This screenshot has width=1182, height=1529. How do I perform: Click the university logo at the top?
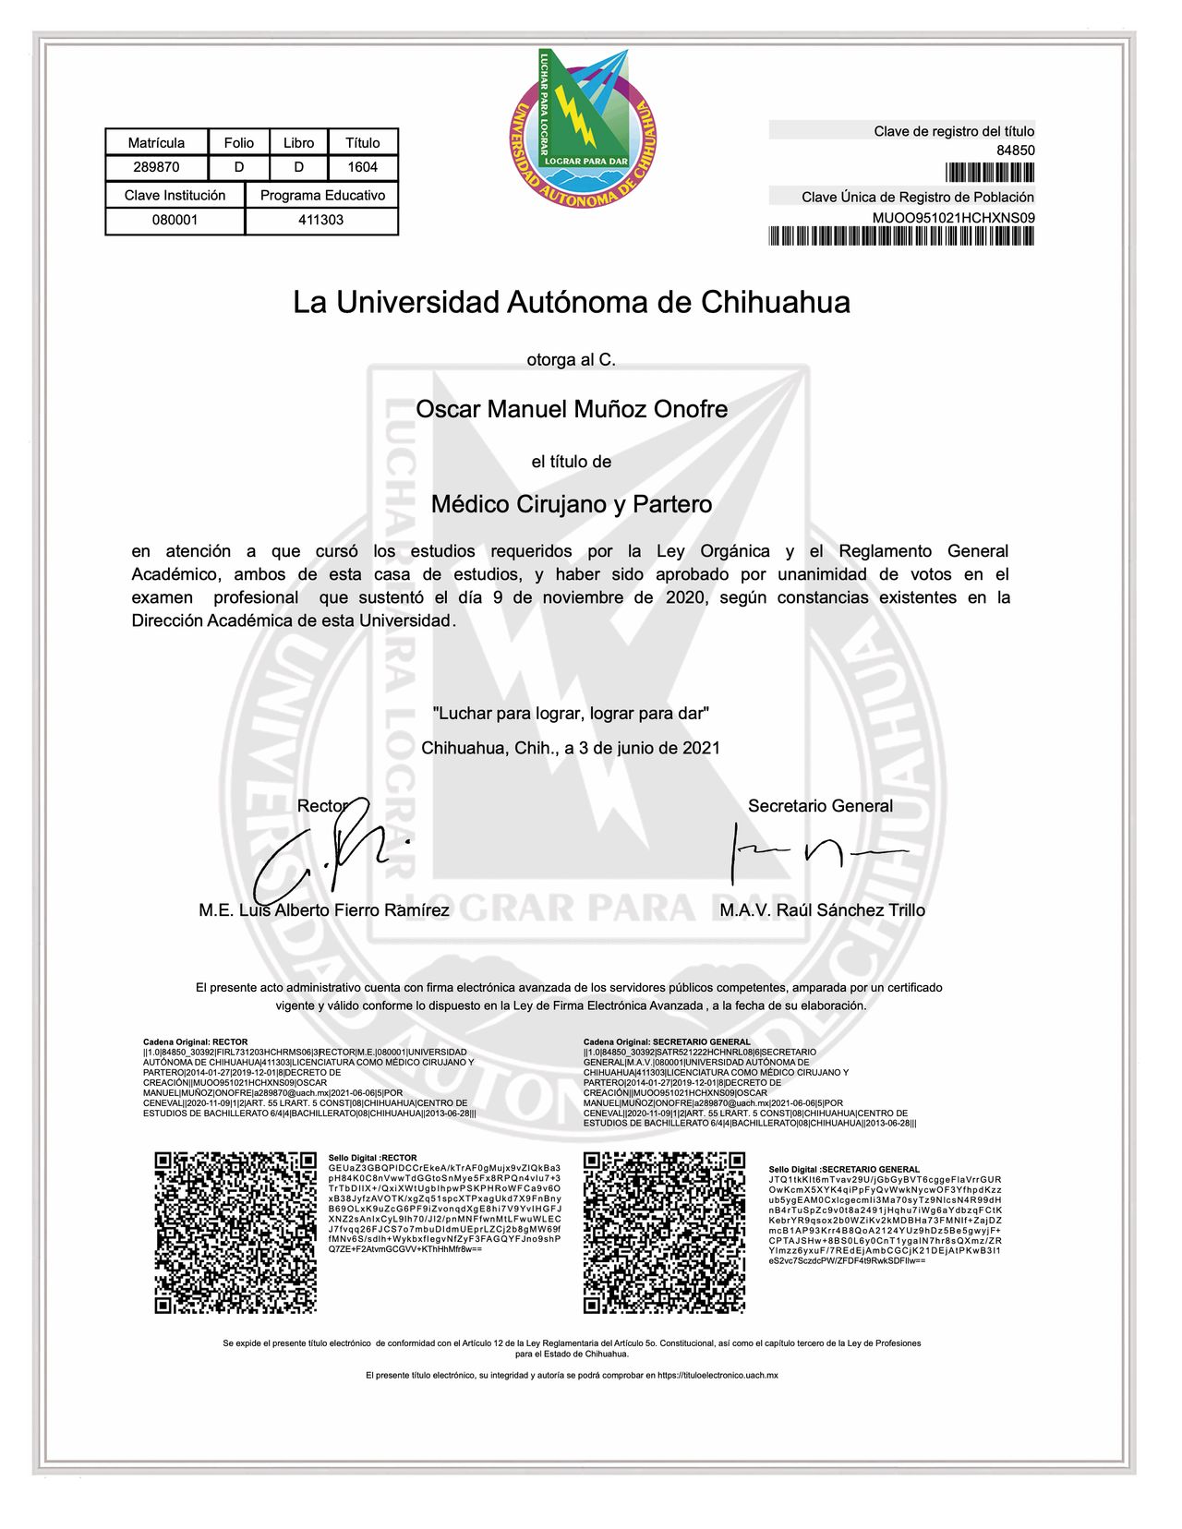(x=584, y=127)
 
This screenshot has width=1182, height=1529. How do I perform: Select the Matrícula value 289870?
(x=156, y=167)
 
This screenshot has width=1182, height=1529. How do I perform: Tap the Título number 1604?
(x=363, y=167)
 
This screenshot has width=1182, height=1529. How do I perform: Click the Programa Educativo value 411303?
(x=320, y=220)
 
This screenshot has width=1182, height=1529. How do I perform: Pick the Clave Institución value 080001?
(x=175, y=220)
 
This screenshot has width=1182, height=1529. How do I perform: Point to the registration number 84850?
(x=1015, y=150)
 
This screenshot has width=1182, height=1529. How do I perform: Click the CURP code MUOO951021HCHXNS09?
(x=953, y=218)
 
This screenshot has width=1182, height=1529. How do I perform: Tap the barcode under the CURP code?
(x=900, y=236)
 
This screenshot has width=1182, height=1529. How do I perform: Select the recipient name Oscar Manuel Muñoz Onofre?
(x=572, y=409)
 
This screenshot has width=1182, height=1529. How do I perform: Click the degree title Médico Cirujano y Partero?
(x=572, y=504)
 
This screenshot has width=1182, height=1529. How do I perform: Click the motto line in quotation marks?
(x=572, y=713)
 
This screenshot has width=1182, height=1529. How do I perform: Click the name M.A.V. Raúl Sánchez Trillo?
(x=822, y=910)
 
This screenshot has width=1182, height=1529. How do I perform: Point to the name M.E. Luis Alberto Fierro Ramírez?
(x=324, y=910)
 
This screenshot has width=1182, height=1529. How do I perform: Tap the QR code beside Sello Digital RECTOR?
(x=235, y=1232)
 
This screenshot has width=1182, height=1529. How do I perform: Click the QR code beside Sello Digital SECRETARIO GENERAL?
(x=664, y=1232)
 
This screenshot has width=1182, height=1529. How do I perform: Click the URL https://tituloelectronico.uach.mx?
(x=718, y=1375)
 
